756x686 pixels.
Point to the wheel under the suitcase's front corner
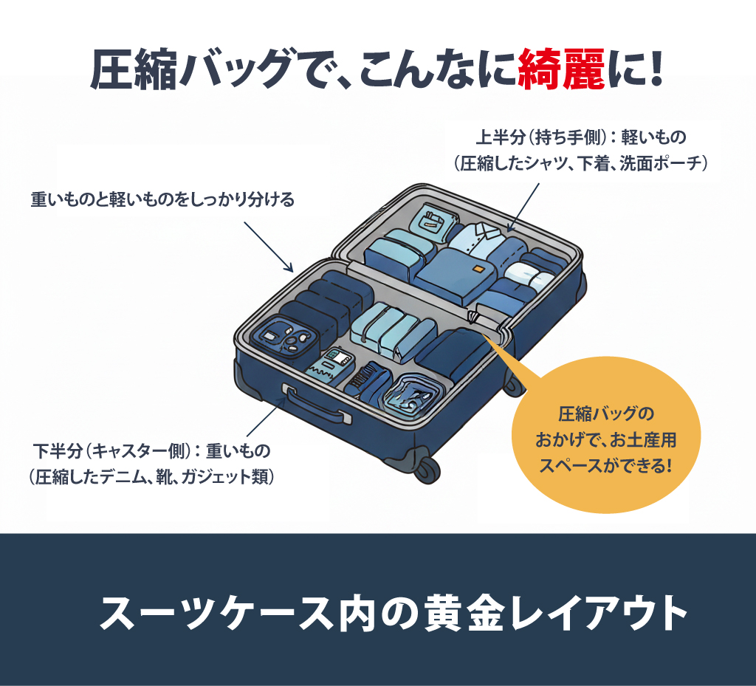tap(427, 467)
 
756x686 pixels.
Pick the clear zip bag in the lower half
tap(415, 396)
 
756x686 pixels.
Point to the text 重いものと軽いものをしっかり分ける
tap(162, 199)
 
